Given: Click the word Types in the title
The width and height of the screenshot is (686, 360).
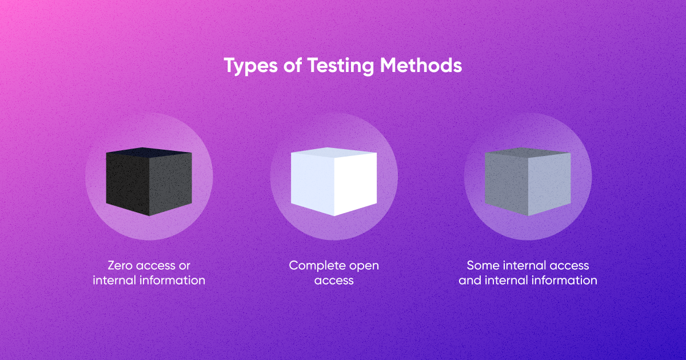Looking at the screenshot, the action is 250,66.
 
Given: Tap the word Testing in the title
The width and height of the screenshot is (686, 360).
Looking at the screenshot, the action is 340,66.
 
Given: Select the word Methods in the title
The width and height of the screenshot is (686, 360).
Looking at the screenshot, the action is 421,65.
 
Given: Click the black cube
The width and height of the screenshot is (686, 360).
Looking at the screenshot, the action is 149,182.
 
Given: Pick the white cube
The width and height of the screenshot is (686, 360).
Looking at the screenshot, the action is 334,182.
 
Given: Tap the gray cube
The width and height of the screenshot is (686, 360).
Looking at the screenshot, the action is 528,182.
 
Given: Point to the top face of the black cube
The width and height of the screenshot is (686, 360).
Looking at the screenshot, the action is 149,152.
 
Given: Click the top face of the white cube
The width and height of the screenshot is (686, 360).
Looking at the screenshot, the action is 334,152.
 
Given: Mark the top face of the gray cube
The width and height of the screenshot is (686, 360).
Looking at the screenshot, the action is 528,152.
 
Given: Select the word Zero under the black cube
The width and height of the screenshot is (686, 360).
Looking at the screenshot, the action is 120,265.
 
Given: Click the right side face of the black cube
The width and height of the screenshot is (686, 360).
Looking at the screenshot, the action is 170,183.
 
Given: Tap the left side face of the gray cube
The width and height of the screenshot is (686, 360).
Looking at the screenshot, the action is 506,183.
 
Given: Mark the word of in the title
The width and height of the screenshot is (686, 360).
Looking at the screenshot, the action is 293,65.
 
